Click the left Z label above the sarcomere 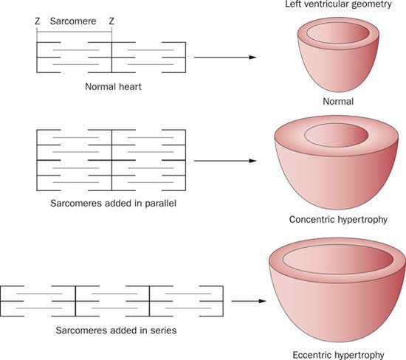click(x=38, y=21)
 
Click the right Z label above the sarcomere click(x=111, y=21)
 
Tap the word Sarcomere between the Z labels click(x=73, y=21)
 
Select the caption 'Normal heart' click(x=114, y=86)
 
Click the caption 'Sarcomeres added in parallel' click(x=114, y=203)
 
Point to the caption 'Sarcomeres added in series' click(x=116, y=330)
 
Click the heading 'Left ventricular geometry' click(x=338, y=4)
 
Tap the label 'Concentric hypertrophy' click(x=338, y=220)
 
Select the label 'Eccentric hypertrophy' click(x=338, y=355)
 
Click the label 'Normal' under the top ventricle click(x=338, y=101)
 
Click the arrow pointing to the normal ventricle click(x=225, y=58)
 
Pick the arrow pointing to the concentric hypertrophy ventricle click(x=225, y=161)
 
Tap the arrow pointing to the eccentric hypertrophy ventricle click(x=249, y=301)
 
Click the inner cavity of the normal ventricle click(x=338, y=33)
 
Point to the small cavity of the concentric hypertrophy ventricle click(x=337, y=135)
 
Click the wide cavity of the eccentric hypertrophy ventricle click(x=338, y=260)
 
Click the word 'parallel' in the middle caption click(x=160, y=203)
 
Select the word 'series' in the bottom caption click(x=163, y=330)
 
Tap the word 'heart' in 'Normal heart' click(x=130, y=86)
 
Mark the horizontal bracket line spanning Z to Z click(x=75, y=32)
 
